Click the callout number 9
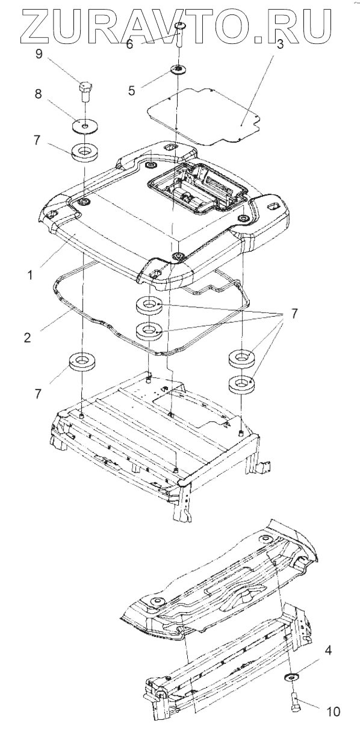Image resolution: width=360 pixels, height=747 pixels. click(x=39, y=54)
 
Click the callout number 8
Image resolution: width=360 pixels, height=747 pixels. click(x=39, y=94)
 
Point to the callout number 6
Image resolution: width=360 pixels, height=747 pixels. click(x=129, y=44)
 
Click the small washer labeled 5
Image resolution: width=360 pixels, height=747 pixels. click(x=179, y=70)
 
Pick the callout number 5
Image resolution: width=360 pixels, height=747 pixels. click(x=132, y=90)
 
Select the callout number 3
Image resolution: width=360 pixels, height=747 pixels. click(x=279, y=44)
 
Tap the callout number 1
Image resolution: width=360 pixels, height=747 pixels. click(x=30, y=276)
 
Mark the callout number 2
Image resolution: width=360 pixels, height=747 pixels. click(x=27, y=337)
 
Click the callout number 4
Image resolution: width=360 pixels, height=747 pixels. click(x=328, y=650)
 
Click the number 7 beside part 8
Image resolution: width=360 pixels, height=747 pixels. click(x=37, y=140)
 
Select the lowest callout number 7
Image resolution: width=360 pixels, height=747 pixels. click(x=37, y=394)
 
